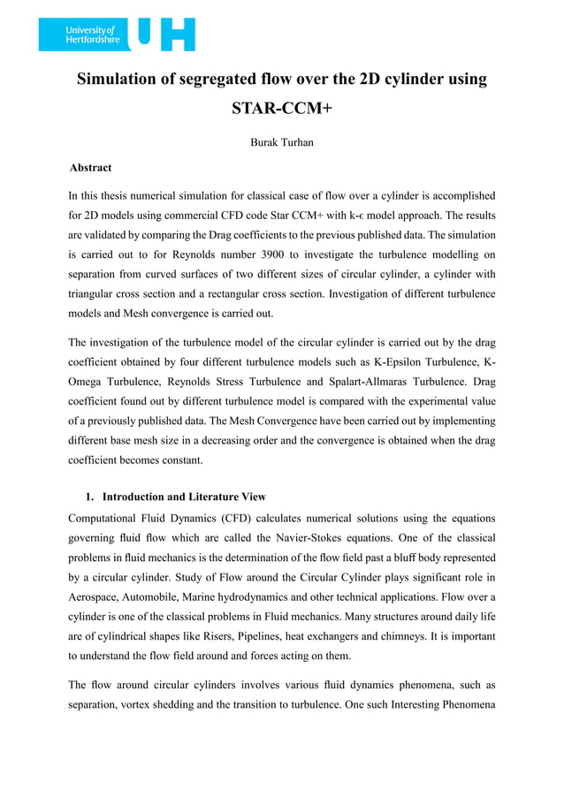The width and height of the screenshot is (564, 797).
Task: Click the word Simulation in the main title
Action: (x=122, y=80)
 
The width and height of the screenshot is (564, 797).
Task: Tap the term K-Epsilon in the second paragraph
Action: (x=437, y=363)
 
